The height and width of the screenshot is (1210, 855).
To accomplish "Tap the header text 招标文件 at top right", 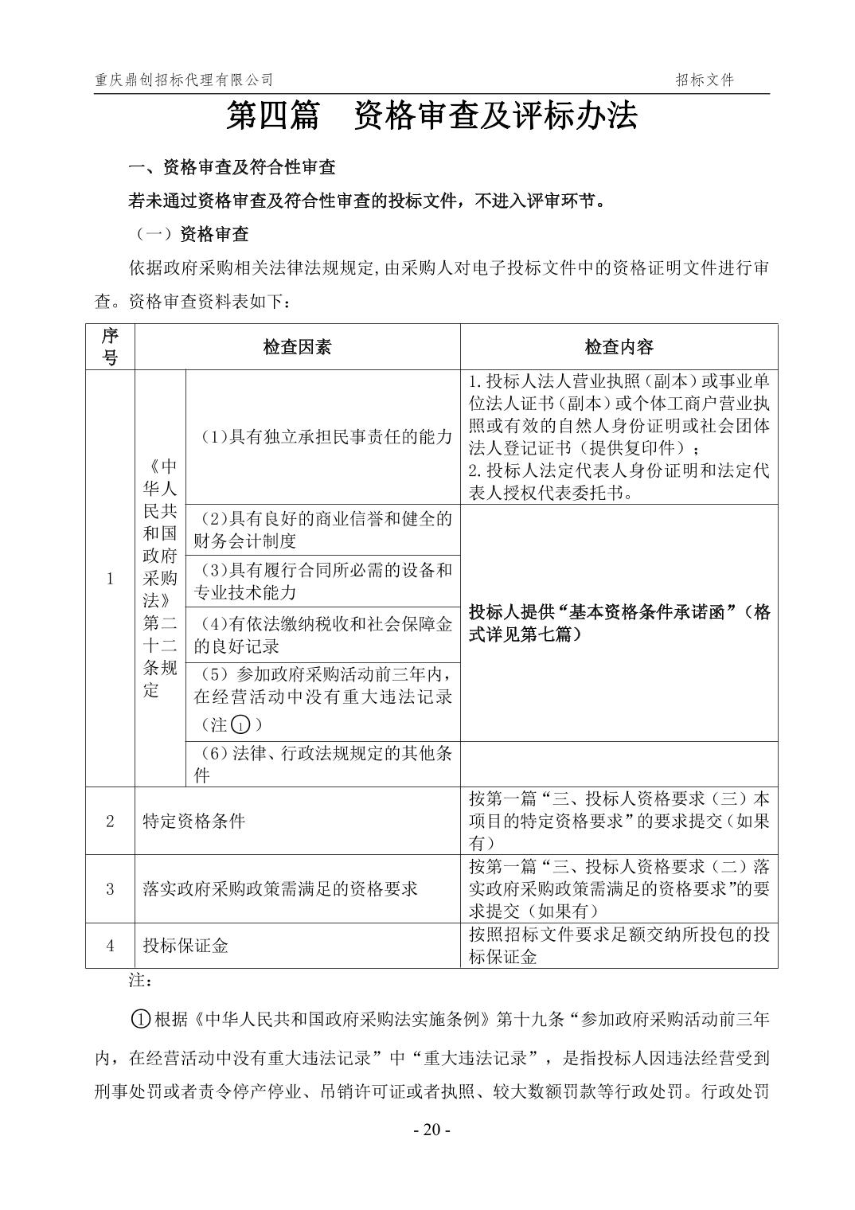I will pyautogui.click(x=705, y=80).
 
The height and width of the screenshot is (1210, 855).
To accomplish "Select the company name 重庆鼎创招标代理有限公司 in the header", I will pyautogui.click(x=184, y=80).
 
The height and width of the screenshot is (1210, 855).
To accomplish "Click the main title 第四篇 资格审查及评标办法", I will pyautogui.click(x=431, y=117).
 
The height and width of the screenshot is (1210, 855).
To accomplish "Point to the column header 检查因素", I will pyautogui.click(x=297, y=347).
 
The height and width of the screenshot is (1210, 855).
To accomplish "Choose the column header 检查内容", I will pyautogui.click(x=619, y=347).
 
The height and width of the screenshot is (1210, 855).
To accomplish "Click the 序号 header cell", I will pyautogui.click(x=110, y=347).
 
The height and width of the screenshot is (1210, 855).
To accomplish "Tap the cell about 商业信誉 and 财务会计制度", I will pyautogui.click(x=322, y=529).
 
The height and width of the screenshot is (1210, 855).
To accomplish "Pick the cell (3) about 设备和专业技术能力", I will pyautogui.click(x=322, y=580).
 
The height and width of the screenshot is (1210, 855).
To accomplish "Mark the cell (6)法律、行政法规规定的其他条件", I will pyautogui.click(x=322, y=764).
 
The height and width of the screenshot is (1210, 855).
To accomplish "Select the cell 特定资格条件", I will pyautogui.click(x=193, y=821).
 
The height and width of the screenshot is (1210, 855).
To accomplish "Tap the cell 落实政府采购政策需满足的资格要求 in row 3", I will pyautogui.click(x=279, y=888).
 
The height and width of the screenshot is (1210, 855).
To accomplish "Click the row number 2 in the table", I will pyautogui.click(x=110, y=821).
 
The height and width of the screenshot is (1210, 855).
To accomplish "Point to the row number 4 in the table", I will pyautogui.click(x=110, y=946).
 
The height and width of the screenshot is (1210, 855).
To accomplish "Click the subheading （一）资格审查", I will pyautogui.click(x=189, y=234).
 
